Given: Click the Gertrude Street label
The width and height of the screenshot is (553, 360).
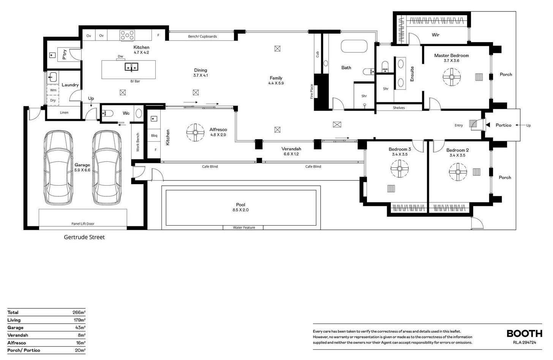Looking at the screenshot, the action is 84,237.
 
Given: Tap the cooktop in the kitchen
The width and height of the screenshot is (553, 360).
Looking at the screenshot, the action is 127,35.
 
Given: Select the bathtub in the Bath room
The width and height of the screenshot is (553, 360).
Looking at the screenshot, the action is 354,46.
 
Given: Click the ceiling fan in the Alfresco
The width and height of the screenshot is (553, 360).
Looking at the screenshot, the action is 195,133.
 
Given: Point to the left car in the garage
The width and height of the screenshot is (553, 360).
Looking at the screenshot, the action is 58,167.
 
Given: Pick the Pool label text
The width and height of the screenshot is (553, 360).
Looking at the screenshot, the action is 240,205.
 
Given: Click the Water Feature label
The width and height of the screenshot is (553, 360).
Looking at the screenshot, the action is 244,227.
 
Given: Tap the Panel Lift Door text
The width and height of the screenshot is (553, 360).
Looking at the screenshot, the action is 83,224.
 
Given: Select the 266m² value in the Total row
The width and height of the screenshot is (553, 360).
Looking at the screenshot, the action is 79,313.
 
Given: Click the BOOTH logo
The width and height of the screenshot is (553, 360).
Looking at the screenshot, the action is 525,333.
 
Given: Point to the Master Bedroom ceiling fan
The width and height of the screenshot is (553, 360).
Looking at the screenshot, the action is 452,77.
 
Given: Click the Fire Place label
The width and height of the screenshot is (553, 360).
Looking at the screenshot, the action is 311,92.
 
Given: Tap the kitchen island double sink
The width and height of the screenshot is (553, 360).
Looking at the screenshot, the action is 131,67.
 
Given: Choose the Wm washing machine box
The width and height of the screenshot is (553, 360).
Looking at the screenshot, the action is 53,90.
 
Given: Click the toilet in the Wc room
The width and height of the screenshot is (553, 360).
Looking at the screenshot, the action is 107,113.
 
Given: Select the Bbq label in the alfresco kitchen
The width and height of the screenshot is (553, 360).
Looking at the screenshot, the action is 154,136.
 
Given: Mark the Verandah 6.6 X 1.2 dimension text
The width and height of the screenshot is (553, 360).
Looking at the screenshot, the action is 291,154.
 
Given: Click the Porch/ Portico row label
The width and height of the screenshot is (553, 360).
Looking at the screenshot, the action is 24,351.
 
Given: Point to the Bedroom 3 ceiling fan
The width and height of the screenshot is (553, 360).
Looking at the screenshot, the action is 400,169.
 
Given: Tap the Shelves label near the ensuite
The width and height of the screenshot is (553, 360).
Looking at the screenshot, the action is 399,108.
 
